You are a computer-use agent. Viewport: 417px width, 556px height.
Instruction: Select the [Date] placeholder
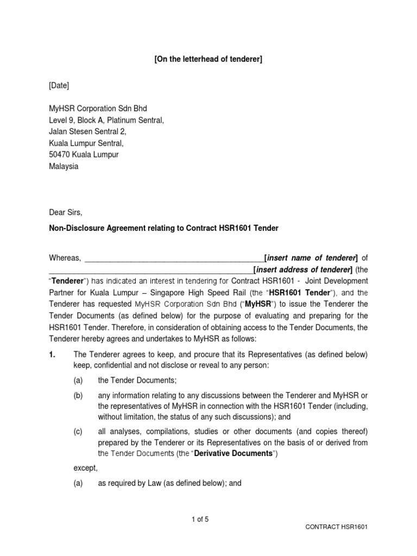59,85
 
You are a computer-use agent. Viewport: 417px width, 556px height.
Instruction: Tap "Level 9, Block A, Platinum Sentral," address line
106,120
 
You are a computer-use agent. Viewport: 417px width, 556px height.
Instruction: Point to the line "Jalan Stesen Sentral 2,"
87,131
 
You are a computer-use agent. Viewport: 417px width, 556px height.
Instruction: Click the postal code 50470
60,155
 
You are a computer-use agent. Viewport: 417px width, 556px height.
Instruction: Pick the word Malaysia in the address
64,166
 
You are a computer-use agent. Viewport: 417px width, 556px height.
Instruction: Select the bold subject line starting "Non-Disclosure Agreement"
163,229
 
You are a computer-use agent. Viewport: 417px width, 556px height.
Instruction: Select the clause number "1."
53,355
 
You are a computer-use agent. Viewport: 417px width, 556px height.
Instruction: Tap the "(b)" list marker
78,396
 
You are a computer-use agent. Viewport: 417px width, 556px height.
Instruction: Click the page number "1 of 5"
200,519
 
